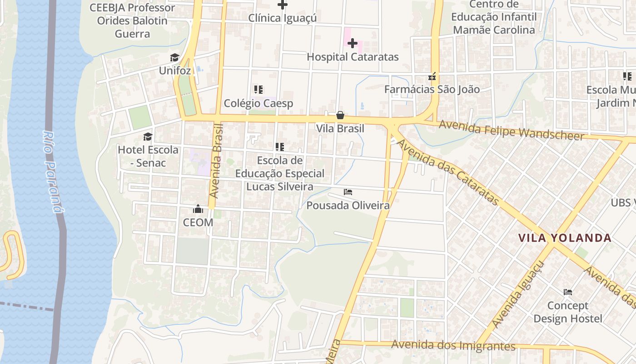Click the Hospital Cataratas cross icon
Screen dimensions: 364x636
pos(353,44)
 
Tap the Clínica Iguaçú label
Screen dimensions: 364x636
pos(282,18)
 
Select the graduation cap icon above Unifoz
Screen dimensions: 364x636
pos(175,57)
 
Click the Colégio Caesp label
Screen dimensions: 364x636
pos(258,103)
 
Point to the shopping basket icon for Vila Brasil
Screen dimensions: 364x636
pos(340,116)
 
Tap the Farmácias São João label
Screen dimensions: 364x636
pos(432,89)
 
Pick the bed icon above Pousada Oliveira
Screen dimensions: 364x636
pos(348,192)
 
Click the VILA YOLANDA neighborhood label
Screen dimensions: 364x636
pos(565,238)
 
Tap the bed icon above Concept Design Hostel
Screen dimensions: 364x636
pos(567,292)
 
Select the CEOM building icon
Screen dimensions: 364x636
pos(198,209)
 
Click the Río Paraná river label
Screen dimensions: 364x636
pos(53,172)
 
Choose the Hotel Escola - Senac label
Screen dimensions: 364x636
pos(148,156)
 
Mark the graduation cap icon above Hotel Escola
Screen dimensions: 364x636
pos(148,136)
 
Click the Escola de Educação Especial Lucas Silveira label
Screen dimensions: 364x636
pos(279,173)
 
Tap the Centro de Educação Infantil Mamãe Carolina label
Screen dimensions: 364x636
pos(494,17)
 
